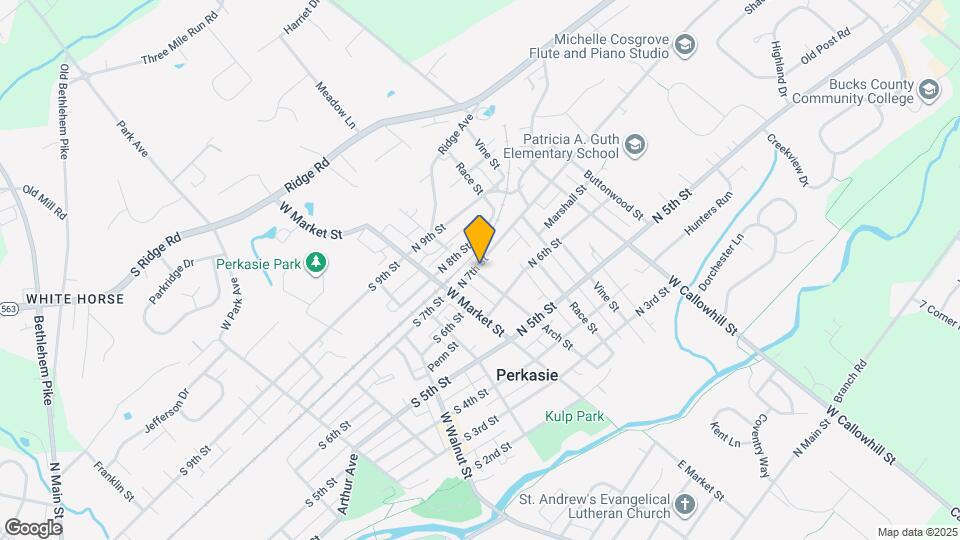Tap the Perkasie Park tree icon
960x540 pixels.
(317, 263)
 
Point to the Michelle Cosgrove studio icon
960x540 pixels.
(685, 45)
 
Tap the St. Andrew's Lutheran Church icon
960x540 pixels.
(685, 506)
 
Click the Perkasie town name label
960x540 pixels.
(527, 375)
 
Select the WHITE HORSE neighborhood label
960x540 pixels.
(75, 299)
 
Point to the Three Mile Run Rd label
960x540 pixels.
(180, 40)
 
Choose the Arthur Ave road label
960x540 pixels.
(347, 484)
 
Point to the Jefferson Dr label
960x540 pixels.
(166, 411)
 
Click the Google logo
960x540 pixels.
(33, 527)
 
